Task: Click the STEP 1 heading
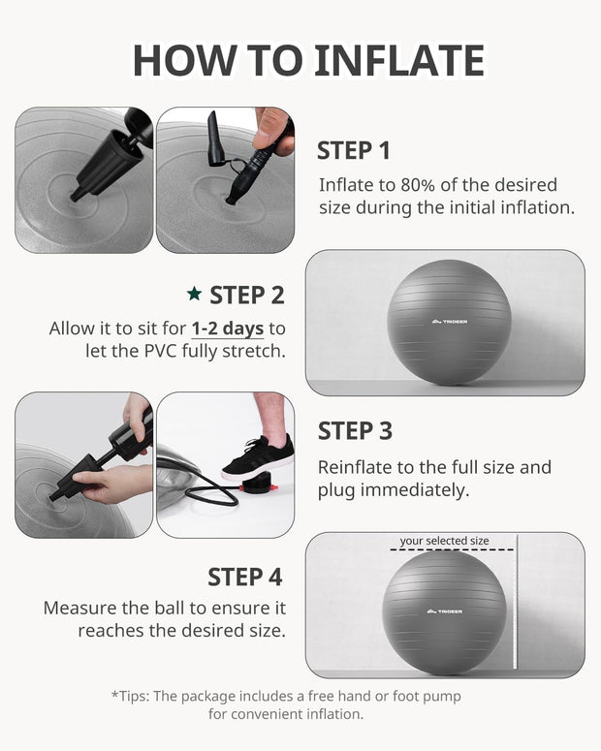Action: (354, 150)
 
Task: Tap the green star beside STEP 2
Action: (194, 294)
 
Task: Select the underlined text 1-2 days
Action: (227, 329)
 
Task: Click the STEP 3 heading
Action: (355, 430)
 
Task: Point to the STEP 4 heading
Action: (244, 577)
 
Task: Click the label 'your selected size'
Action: (444, 541)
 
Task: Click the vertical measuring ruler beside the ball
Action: (516, 610)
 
